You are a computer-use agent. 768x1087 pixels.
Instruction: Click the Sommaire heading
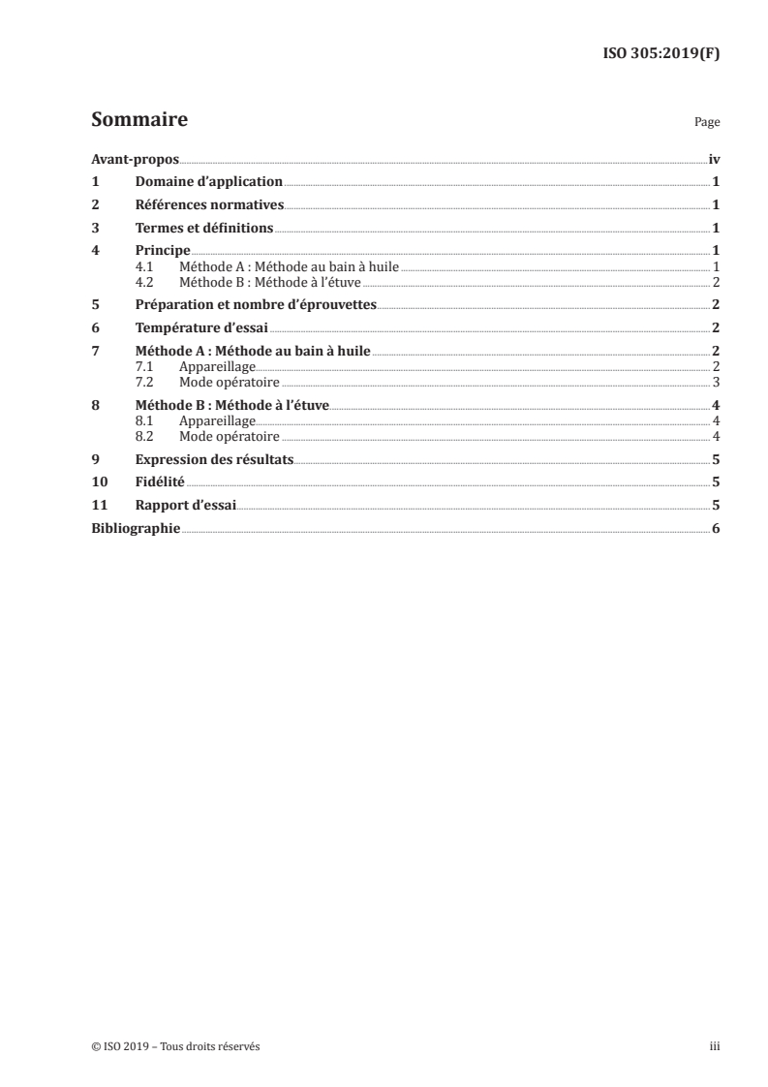(138, 120)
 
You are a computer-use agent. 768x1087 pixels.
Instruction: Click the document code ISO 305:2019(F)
(661, 54)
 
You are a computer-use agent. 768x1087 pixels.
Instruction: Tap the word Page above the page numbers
(707, 123)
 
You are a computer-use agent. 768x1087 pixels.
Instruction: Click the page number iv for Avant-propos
(714, 159)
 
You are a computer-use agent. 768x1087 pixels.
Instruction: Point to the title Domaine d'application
(208, 181)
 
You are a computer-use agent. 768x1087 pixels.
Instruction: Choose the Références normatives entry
(209, 204)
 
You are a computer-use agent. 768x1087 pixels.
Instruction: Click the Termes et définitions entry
(204, 228)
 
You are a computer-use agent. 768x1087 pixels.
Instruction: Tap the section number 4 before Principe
(95, 251)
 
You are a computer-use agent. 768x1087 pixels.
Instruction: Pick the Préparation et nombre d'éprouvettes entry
(256, 304)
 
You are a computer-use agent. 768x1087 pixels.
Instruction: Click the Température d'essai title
(201, 327)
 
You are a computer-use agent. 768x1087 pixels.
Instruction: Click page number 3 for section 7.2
(715, 382)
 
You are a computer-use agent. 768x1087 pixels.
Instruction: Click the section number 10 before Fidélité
(98, 481)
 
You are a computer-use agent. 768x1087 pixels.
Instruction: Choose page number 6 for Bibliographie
(715, 528)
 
